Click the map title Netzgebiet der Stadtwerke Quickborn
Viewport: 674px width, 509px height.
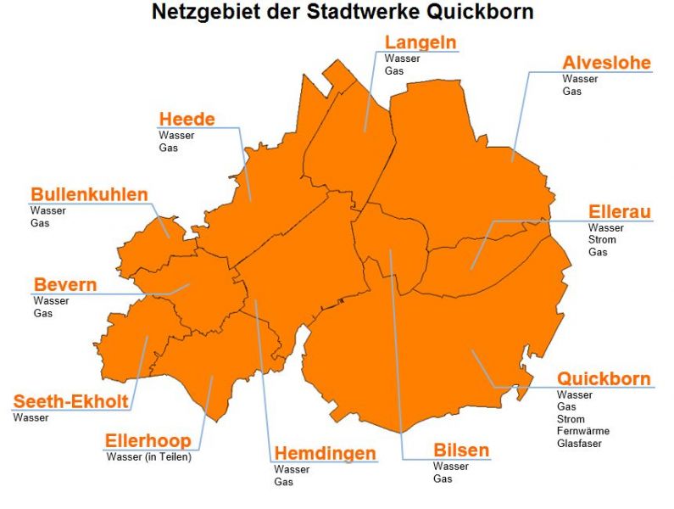[343, 13]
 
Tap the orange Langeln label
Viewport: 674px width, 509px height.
[421, 42]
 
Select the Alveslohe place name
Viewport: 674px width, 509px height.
[606, 63]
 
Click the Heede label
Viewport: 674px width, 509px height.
[187, 119]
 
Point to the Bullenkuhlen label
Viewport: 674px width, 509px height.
[89, 194]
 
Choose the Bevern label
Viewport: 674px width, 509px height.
[64, 284]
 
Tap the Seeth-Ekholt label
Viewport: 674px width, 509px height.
[70, 401]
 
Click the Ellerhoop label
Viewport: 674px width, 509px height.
[148, 441]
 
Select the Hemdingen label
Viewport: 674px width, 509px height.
[325, 454]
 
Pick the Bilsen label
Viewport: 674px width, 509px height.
[461, 450]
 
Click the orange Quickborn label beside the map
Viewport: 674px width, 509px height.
[604, 378]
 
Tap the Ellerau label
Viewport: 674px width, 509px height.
[620, 212]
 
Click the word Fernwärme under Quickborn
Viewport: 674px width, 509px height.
[583, 431]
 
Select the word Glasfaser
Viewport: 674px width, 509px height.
[580, 443]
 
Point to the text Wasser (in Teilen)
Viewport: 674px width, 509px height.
[149, 457]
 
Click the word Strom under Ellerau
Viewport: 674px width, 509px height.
[602, 240]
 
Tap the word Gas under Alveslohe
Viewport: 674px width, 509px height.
[572, 92]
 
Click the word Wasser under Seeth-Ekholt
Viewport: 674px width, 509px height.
[31, 417]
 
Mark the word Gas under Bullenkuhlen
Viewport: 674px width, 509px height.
[40, 223]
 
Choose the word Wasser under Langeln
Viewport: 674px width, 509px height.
[402, 59]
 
